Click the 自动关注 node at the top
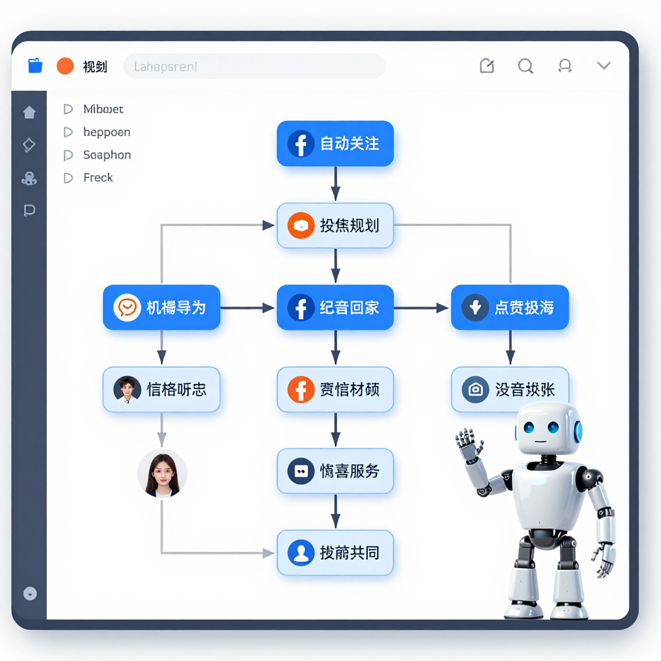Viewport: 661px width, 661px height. [x=335, y=143]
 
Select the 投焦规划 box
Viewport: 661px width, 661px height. [x=335, y=225]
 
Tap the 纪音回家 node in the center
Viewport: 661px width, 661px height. [x=335, y=307]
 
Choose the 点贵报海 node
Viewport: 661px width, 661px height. [x=510, y=307]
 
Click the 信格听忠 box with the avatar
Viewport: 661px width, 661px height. [x=161, y=389]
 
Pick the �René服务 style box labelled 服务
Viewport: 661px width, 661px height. [x=335, y=471]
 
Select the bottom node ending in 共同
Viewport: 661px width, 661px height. [x=335, y=553]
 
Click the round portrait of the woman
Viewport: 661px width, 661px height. [x=162, y=473]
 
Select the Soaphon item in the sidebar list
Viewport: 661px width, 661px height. [x=107, y=155]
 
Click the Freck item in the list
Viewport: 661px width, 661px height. [x=97, y=178]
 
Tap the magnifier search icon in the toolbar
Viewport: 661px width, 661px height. [x=525, y=66]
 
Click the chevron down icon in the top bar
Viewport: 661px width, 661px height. [x=604, y=65]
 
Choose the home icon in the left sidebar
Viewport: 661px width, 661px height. [x=29, y=112]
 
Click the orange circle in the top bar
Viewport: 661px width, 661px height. [x=65, y=66]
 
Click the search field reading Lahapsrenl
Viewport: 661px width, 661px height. [x=254, y=66]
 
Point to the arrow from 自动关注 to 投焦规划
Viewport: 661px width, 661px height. [x=335, y=184]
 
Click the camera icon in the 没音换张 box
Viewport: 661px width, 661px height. [x=475, y=389]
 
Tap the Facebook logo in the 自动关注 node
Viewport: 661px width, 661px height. [x=301, y=143]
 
